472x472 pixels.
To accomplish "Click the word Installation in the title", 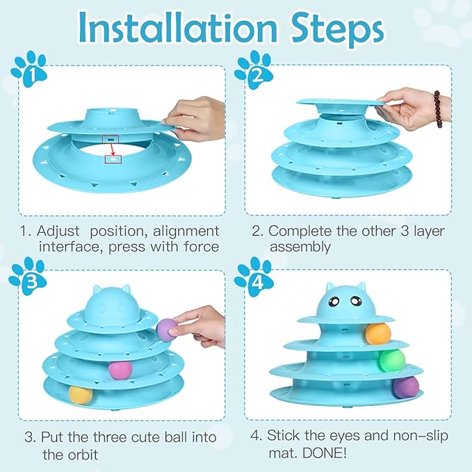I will pyautogui.click(x=177, y=27).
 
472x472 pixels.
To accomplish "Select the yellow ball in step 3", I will pyautogui.click(x=81, y=395).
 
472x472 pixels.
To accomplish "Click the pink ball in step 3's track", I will pyautogui.click(x=120, y=368).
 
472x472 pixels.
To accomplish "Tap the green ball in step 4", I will pyautogui.click(x=391, y=360).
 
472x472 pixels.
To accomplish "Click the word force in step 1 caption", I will pyautogui.click(x=198, y=247).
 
